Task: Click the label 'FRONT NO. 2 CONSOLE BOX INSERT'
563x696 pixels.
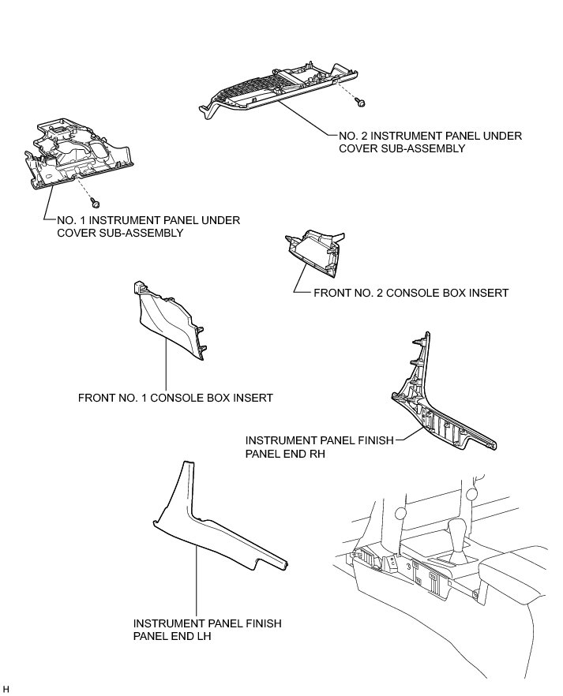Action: coord(411,293)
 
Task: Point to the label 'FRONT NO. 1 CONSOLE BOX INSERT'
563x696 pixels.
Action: coord(175,398)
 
